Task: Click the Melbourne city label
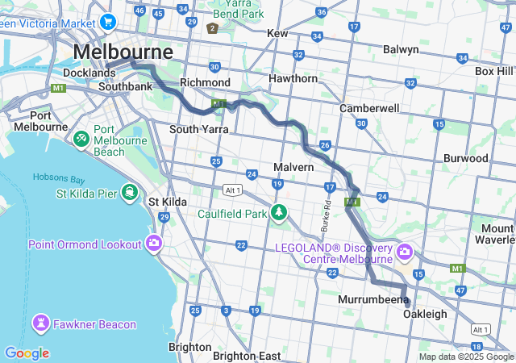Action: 123,52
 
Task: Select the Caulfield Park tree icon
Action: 279,213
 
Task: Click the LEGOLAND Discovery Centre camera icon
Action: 405,253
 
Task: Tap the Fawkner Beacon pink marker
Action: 40,323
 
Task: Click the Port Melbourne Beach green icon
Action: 81,138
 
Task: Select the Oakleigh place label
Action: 424,314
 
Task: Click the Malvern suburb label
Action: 293,167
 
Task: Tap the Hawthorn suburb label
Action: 293,79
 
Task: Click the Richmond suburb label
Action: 205,82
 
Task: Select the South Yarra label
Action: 198,129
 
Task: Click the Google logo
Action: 27,353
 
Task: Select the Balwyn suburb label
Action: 401,50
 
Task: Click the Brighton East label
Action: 247,356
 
